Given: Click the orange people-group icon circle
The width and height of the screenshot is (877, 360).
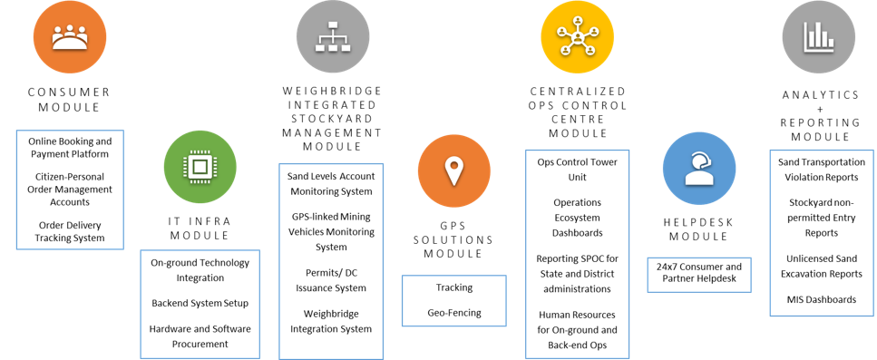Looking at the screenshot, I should tap(70, 36).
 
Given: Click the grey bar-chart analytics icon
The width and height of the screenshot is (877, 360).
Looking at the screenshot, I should tap(821, 37).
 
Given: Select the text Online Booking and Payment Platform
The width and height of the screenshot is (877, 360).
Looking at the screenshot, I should tap(70, 148).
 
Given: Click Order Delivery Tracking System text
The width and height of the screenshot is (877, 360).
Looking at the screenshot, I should tap(70, 231).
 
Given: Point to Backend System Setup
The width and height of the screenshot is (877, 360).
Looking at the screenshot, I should tap(200, 303).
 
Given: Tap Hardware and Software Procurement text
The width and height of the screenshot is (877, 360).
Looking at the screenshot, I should tap(200, 336).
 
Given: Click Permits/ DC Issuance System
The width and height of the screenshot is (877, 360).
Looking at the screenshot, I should tap(329, 280).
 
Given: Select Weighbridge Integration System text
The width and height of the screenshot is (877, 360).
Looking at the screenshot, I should tap(329, 321).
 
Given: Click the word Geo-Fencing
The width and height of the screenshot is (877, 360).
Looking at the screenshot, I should tap(453, 312).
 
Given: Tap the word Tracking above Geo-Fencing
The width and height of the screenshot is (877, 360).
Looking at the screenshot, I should tap(453, 287).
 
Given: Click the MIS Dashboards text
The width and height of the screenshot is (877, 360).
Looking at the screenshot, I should tap(821, 299).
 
